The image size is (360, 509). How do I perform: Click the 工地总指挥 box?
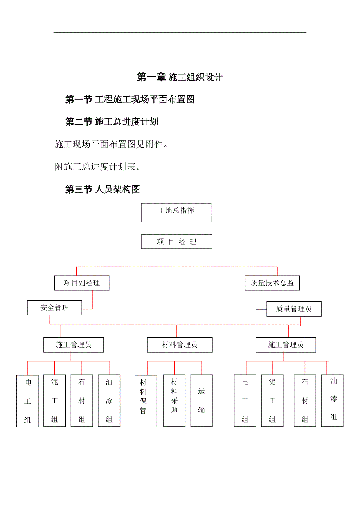[176, 213]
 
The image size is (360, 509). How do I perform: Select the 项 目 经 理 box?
[176, 242]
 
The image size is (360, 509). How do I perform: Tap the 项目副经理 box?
[82, 283]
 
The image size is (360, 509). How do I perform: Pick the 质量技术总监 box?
[272, 283]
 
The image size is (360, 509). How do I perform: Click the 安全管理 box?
[54, 308]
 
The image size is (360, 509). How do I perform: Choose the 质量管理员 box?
[294, 309]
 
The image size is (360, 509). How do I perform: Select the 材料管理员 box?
[180, 345]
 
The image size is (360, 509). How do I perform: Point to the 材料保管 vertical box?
[146, 401]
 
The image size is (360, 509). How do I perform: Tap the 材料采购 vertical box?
[174, 400]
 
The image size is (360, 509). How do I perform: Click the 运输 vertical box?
[202, 400]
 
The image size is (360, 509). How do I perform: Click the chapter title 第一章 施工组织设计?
[180, 77]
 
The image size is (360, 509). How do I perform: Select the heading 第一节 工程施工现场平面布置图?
[130, 100]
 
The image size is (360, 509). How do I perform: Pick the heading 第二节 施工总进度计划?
[112, 122]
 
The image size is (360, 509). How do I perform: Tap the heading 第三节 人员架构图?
[103, 190]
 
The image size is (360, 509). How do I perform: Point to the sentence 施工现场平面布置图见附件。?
[111, 145]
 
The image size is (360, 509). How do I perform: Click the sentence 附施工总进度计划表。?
[97, 167]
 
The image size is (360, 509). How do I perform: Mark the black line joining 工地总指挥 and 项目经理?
[176, 229]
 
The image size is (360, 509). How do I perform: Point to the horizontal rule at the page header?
[180, 32]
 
